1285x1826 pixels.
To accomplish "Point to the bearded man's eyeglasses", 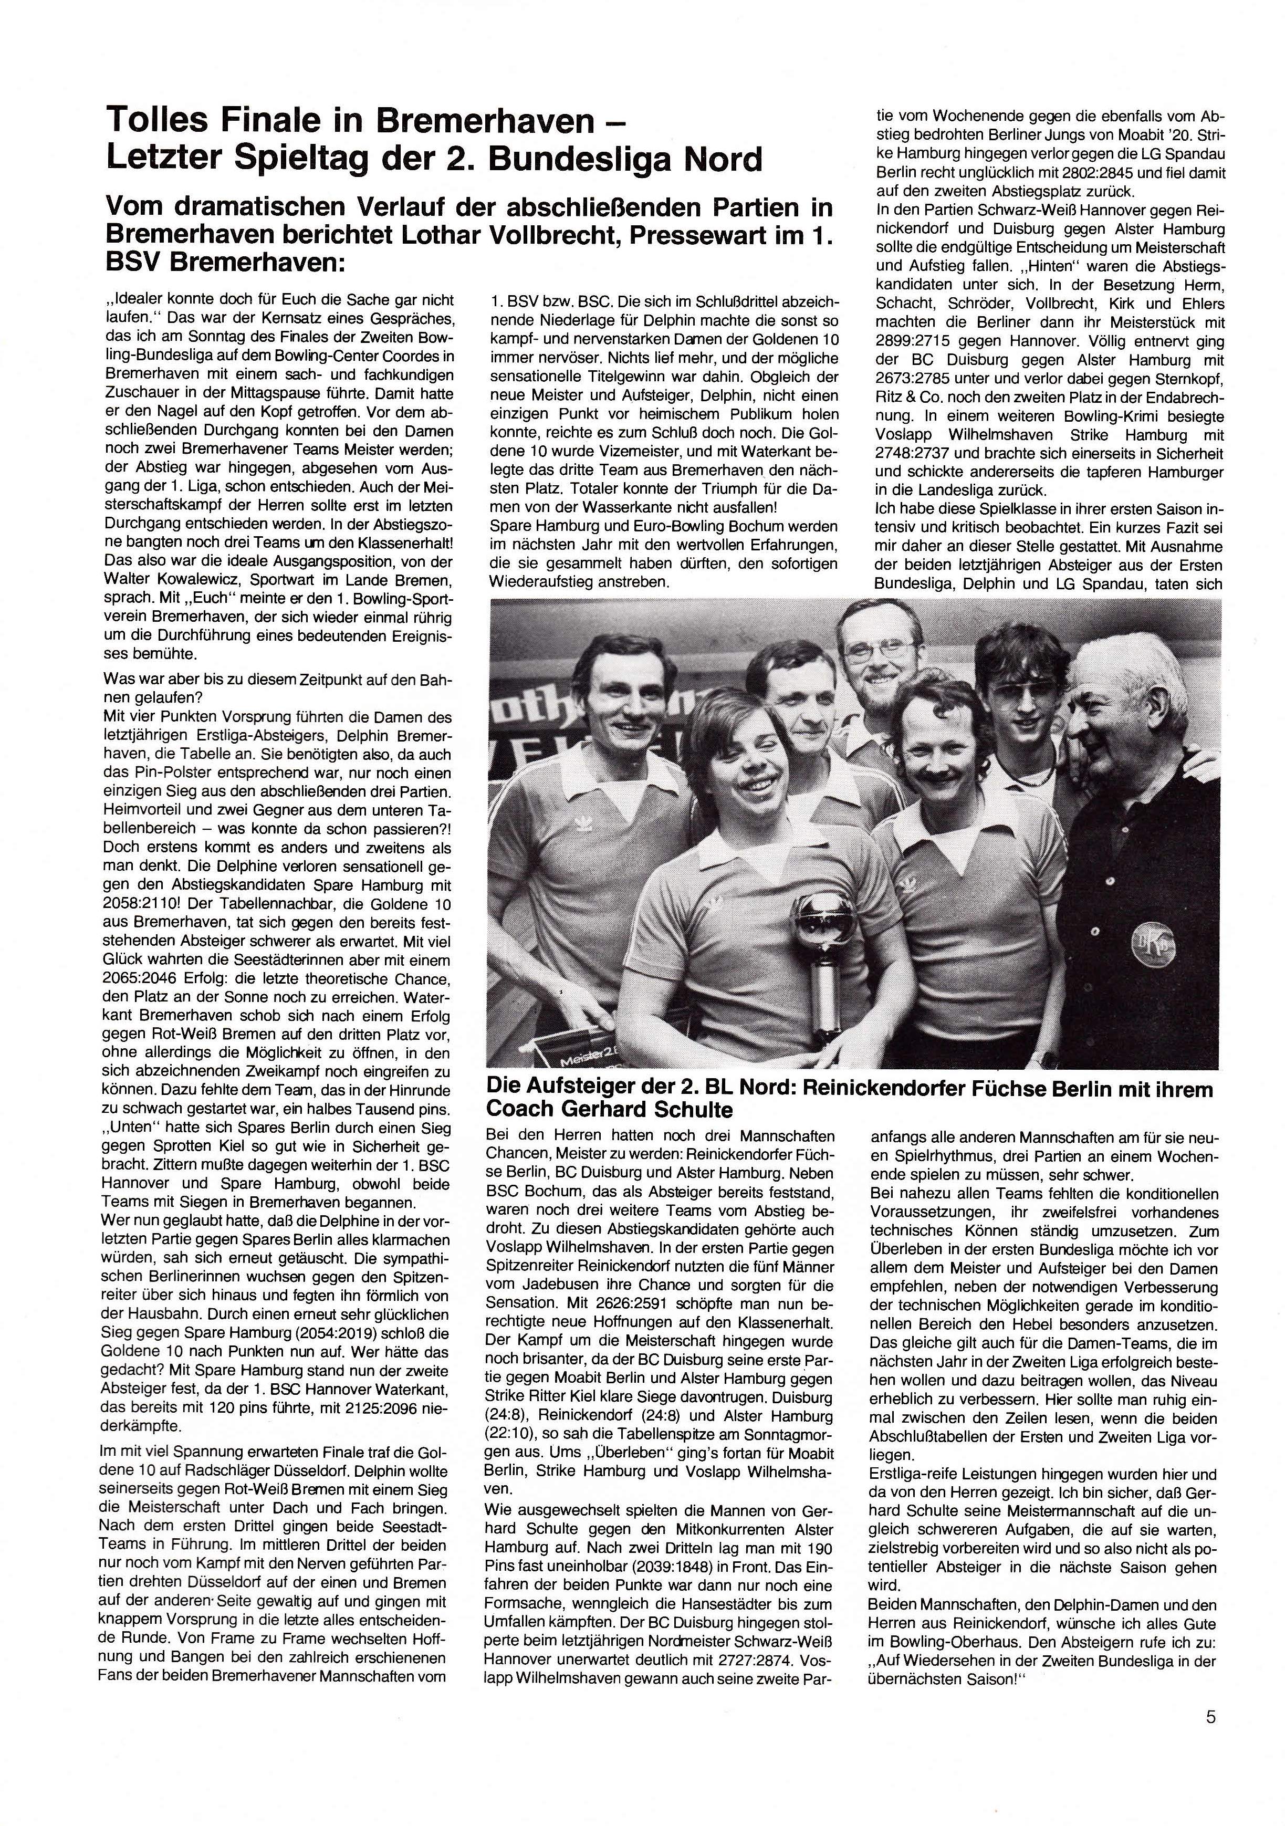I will click(x=872, y=653).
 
